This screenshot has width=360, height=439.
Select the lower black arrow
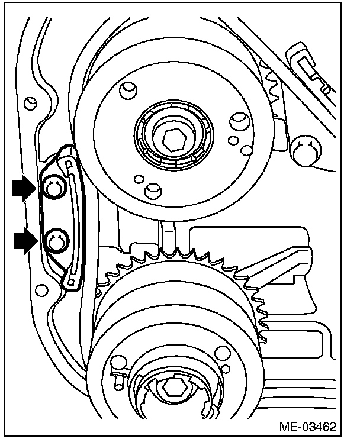[24, 242]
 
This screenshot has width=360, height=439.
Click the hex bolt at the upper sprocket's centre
[173, 140]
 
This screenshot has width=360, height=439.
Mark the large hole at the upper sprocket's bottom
[153, 189]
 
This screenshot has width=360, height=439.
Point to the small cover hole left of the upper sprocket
[26, 104]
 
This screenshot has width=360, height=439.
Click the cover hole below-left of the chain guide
[41, 290]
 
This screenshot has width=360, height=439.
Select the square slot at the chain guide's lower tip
[72, 284]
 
